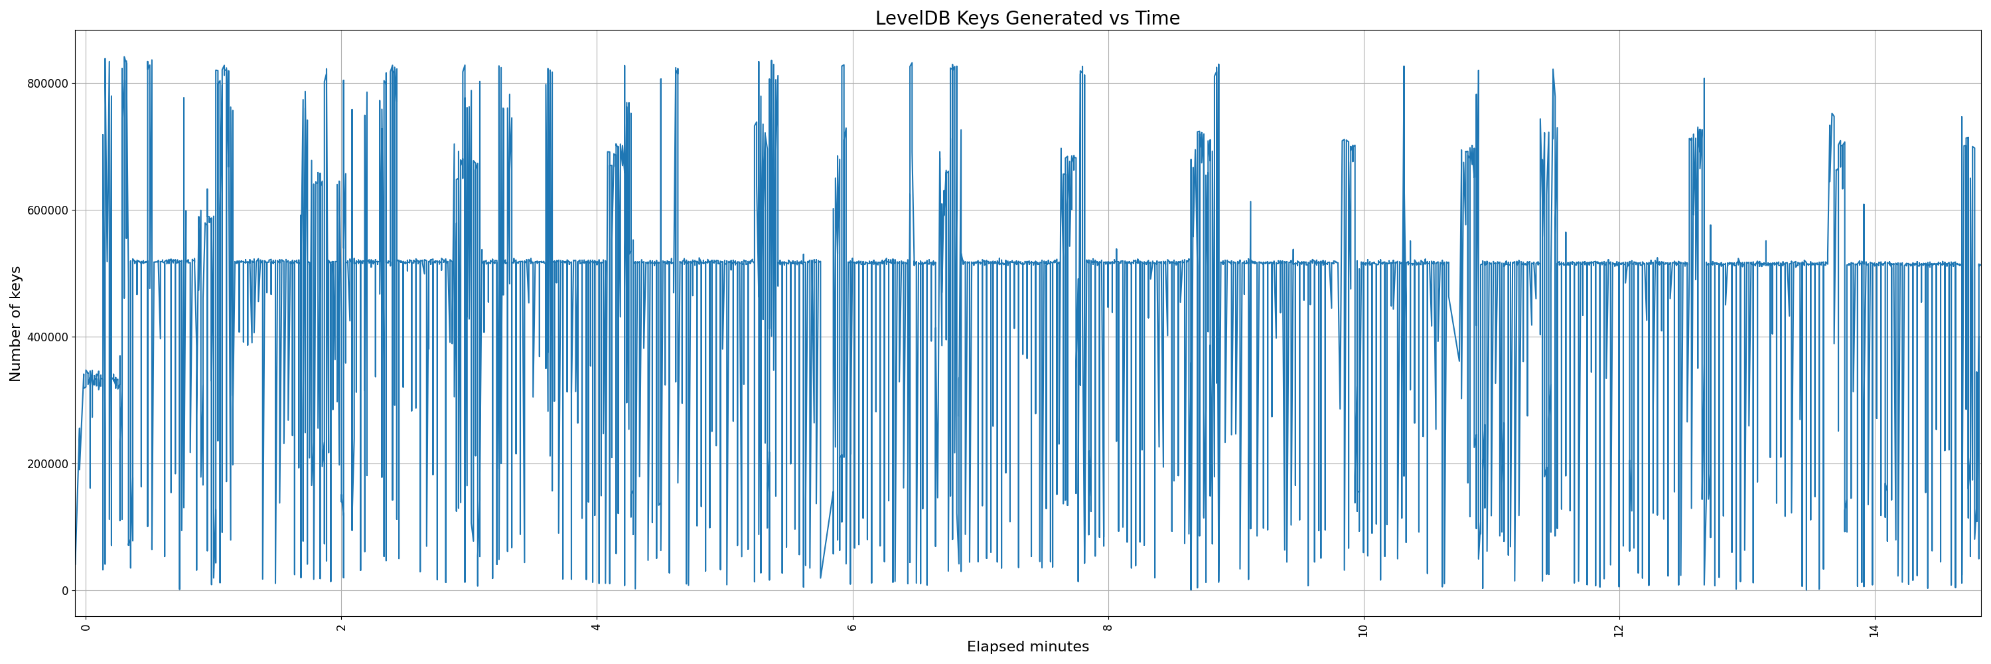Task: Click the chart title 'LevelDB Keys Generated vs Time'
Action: (x=1027, y=19)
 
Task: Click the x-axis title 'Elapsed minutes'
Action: (x=1027, y=647)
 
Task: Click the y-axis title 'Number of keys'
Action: (x=15, y=324)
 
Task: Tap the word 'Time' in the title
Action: (x=1157, y=19)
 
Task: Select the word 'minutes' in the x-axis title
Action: (x=1058, y=647)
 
